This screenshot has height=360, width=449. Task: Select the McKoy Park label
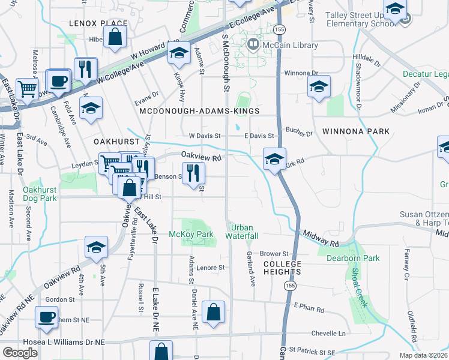point(191,233)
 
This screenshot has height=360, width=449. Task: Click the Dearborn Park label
point(353,258)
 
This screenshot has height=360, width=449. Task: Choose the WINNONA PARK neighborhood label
point(355,131)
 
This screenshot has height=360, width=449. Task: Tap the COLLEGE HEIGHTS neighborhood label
point(282,268)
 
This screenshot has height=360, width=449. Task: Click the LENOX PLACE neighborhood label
point(98,23)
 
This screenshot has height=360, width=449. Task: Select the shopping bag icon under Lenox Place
point(115,37)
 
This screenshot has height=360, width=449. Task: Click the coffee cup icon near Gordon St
point(46,317)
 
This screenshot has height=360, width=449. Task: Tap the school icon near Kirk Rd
point(274,160)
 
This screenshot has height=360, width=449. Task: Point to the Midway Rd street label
point(321,239)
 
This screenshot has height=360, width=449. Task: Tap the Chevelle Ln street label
point(329,334)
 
